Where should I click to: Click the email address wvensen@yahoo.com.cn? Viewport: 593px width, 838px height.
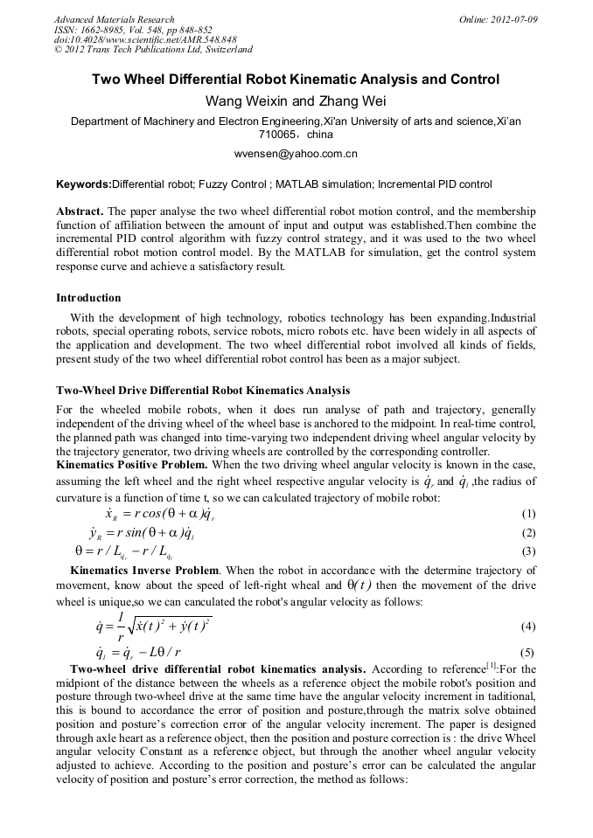tap(296, 155)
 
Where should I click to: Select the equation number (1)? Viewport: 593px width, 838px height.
tap(527, 514)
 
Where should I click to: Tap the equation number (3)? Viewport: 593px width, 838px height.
tap(527, 551)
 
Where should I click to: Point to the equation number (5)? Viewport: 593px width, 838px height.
tap(527, 653)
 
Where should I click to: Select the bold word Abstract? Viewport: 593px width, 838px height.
tap(80, 212)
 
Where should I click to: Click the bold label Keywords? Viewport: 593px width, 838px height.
tap(84, 184)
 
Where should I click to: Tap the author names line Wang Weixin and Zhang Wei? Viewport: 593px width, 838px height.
tap(296, 101)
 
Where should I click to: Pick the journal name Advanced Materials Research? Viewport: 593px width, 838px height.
tap(114, 19)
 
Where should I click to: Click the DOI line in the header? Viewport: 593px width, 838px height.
tap(145, 39)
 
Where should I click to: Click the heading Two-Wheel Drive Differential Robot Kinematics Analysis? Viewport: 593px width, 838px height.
tap(203, 390)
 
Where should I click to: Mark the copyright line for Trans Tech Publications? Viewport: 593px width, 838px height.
tap(153, 50)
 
